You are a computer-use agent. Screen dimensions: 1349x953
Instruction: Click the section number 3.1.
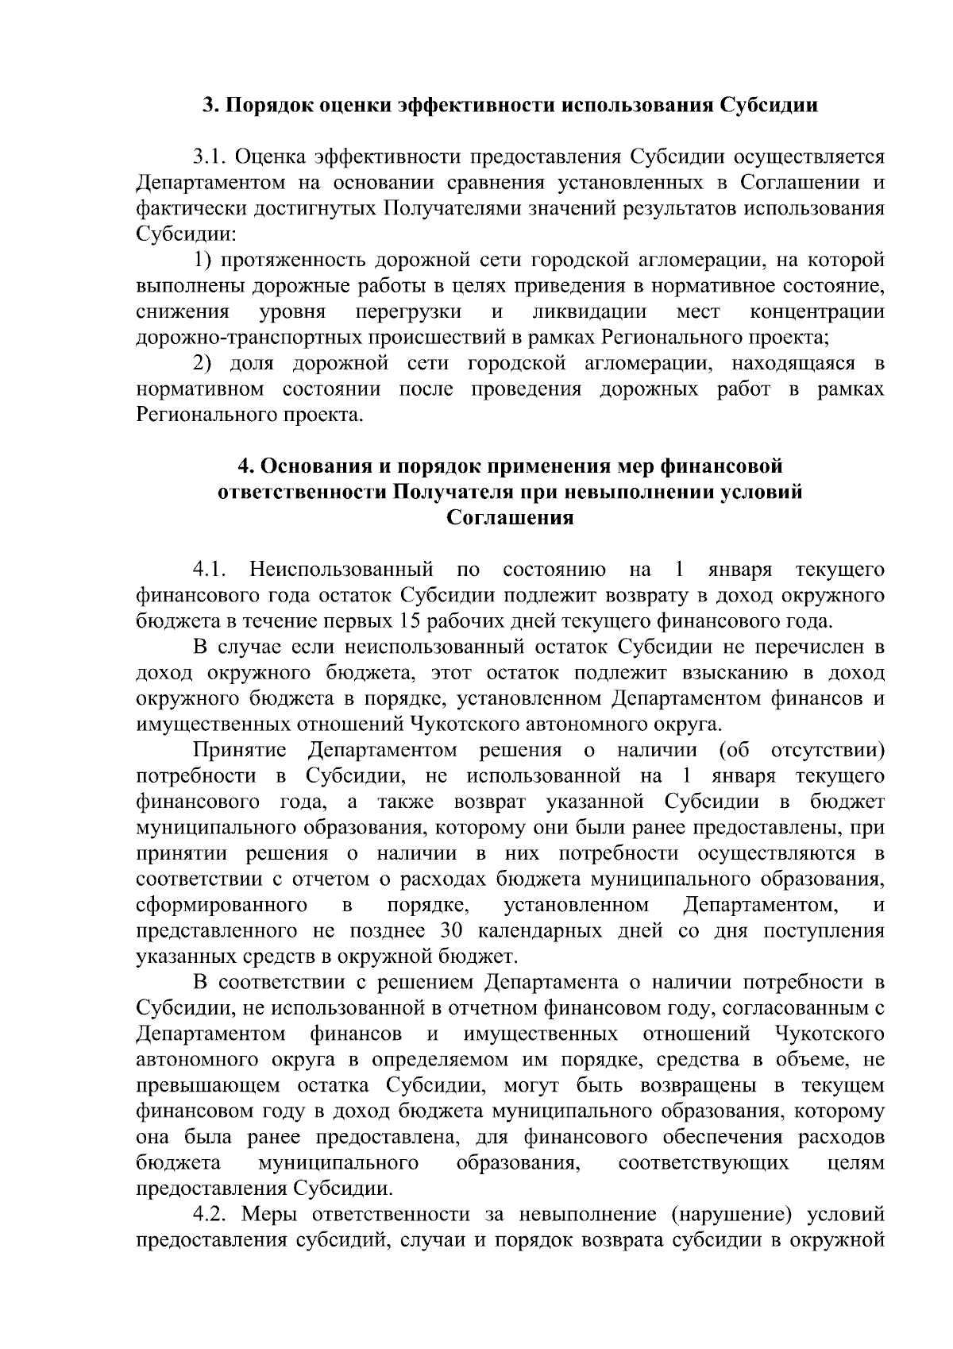(x=210, y=157)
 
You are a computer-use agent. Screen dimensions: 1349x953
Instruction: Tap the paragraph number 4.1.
(x=210, y=570)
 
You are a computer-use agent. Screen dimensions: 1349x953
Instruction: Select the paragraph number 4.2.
(x=210, y=1215)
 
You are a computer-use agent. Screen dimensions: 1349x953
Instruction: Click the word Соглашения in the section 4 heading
(x=509, y=518)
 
